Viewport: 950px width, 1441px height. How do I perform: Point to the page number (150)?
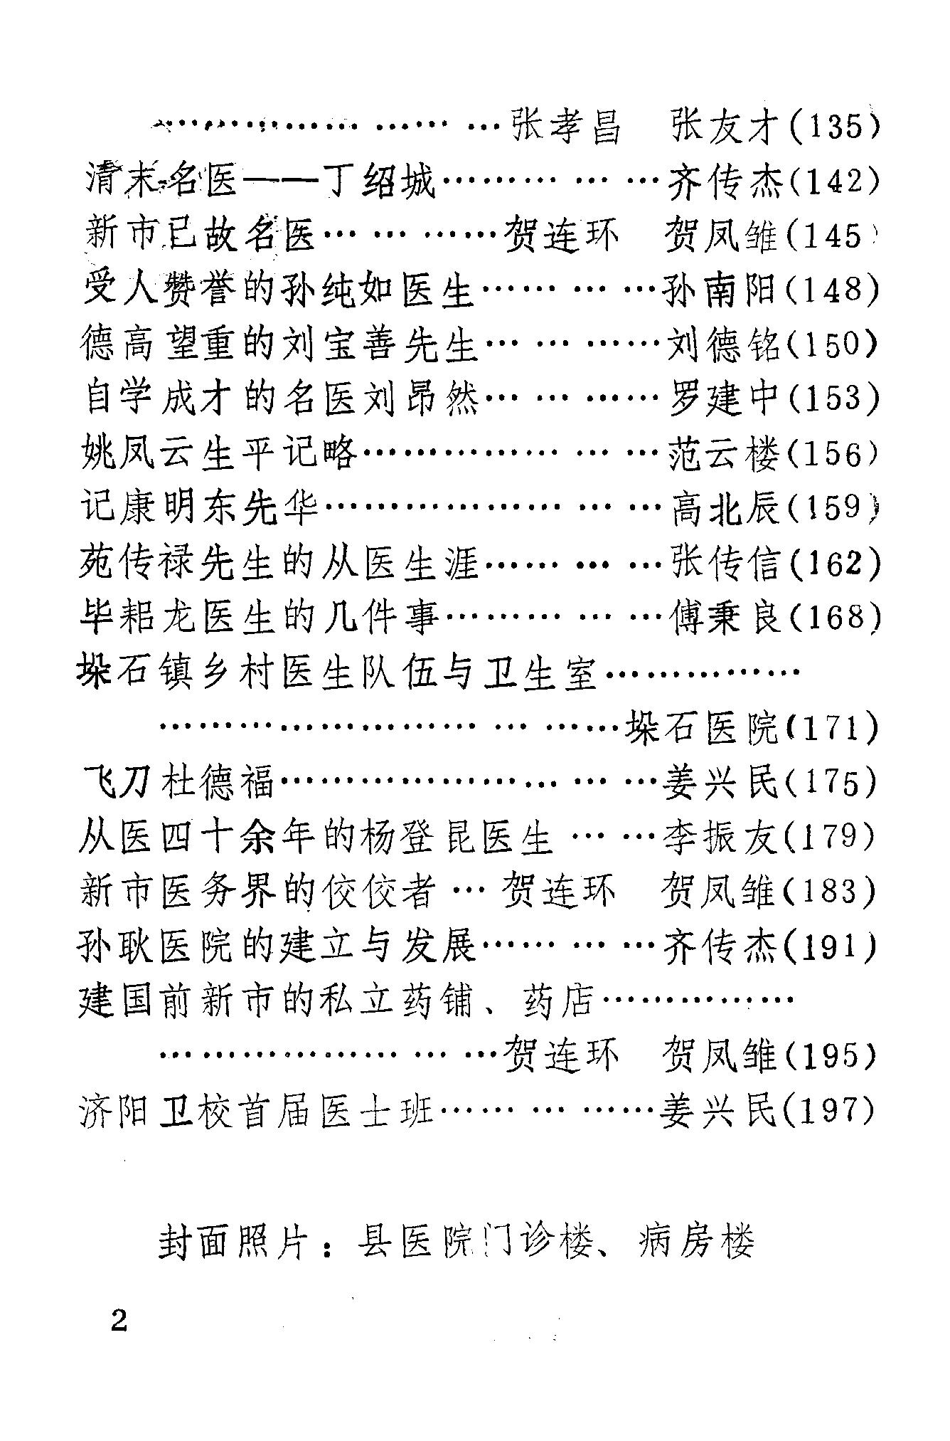tap(833, 344)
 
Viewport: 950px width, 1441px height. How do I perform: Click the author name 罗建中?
tap(723, 398)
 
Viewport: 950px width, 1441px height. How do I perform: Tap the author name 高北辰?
tap(725, 507)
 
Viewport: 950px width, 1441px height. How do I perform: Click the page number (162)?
tap(833, 562)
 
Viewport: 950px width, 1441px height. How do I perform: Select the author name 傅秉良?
tap(725, 617)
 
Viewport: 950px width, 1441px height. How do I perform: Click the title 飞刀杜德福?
tap(178, 781)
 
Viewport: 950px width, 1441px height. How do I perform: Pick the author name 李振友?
tap(722, 836)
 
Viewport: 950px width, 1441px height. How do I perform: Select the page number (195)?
tap(831, 1054)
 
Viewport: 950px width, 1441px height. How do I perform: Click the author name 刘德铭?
tap(723, 344)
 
